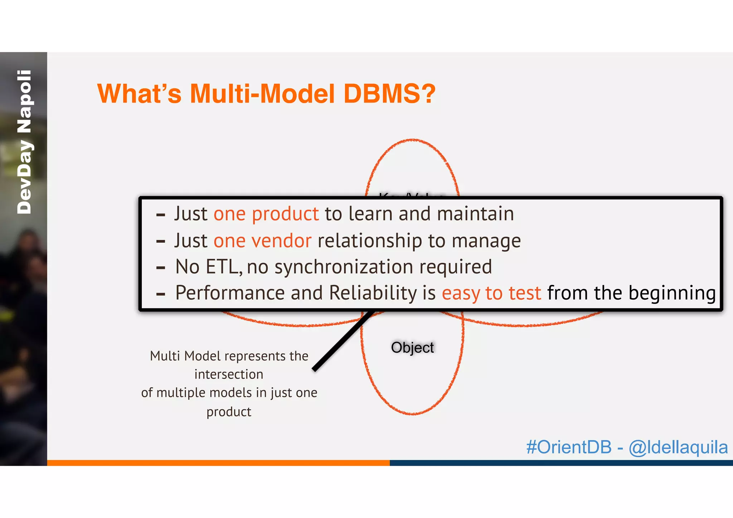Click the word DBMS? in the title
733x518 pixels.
pyautogui.click(x=389, y=94)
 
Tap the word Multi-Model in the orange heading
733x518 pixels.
pyautogui.click(x=262, y=94)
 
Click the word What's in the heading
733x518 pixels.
pyautogui.click(x=139, y=94)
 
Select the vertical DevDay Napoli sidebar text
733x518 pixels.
pyautogui.click(x=24, y=142)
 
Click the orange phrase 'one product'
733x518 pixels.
pyautogui.click(x=266, y=214)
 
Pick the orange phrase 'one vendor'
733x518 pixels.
pyautogui.click(x=262, y=241)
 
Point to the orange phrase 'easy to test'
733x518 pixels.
pyautogui.click(x=491, y=293)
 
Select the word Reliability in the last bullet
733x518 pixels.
pyautogui.click(x=373, y=293)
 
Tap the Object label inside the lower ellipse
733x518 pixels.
pyautogui.click(x=412, y=348)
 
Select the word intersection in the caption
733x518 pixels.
pyautogui.click(x=229, y=374)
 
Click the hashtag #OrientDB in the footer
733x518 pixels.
pyautogui.click(x=569, y=447)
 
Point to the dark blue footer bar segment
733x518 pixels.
pyautogui.click(x=561, y=463)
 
